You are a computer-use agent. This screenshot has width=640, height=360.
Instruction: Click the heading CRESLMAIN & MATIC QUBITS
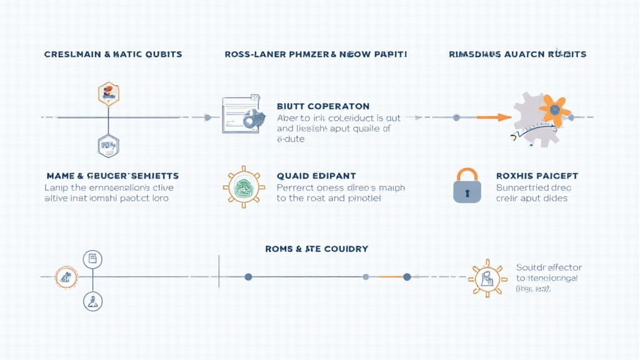113,54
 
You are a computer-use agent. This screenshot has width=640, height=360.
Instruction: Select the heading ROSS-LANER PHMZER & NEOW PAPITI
316,54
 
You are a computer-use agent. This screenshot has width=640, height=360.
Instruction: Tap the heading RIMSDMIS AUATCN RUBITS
517,54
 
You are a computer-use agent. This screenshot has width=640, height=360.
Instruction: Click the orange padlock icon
467,186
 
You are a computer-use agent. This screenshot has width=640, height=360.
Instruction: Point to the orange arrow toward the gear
494,117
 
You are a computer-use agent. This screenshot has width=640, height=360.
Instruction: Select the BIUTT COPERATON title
323,106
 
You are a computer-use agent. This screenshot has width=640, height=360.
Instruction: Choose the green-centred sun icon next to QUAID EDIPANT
243,187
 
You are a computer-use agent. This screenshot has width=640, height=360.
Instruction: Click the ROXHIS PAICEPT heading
537,176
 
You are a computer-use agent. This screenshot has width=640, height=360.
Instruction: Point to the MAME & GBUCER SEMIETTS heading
112,176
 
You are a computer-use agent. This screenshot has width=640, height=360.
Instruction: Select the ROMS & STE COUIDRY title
317,249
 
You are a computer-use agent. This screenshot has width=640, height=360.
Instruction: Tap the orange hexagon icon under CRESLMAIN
109,94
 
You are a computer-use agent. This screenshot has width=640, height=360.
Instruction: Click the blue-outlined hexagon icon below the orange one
109,146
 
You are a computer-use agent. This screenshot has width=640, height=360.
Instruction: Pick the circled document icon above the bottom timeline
92,259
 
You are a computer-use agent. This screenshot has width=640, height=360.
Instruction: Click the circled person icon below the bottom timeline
92,301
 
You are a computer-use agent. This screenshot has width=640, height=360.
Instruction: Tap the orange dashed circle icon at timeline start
66,276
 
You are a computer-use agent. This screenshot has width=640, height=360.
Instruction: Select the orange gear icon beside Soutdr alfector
487,278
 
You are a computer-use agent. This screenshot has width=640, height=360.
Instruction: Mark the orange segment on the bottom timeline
391,276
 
